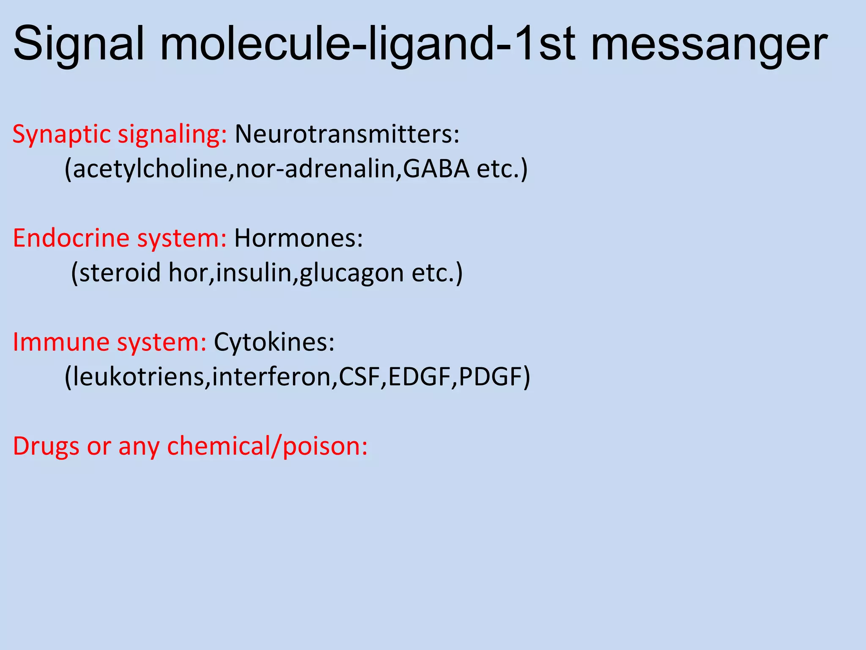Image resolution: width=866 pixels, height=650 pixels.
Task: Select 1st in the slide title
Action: (545, 44)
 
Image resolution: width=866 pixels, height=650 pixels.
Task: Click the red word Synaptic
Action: (61, 135)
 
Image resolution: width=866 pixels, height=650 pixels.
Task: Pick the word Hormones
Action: (298, 238)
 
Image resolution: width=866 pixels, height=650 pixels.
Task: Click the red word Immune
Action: (61, 342)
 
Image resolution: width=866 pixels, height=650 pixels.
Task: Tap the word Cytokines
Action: (274, 342)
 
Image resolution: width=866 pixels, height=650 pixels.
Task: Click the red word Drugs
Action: (46, 446)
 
